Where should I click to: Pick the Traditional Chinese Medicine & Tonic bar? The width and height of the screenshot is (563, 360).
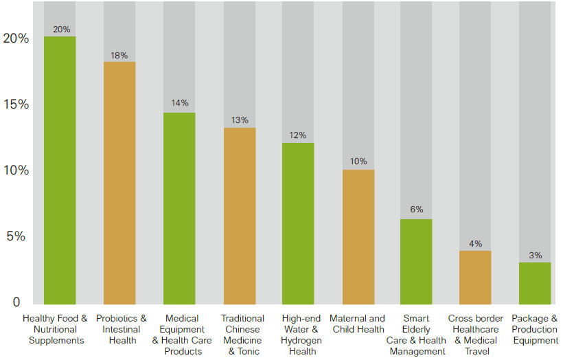tap(239, 216)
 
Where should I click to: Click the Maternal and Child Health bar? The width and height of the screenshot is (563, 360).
tap(358, 236)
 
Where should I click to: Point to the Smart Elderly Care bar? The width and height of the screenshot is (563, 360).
tap(416, 262)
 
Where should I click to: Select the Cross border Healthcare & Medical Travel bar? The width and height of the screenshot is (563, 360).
tap(475, 278)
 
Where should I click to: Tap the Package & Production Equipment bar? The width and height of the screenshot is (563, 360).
tap(535, 283)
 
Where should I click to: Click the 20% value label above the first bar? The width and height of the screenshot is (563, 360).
tap(60, 30)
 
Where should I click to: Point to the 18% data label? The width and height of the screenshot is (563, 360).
tap(119, 56)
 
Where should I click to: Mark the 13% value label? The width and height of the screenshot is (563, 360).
tap(240, 120)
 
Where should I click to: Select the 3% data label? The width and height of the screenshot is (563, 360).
tap(536, 256)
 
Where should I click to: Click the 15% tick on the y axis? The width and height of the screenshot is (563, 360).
tap(16, 104)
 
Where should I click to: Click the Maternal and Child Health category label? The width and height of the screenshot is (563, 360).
tap(357, 324)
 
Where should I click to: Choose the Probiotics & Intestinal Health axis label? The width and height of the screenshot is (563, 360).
tap(121, 329)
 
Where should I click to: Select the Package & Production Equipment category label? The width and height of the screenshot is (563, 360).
tap(535, 329)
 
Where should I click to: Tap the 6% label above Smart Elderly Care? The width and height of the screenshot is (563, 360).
tap(417, 210)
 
